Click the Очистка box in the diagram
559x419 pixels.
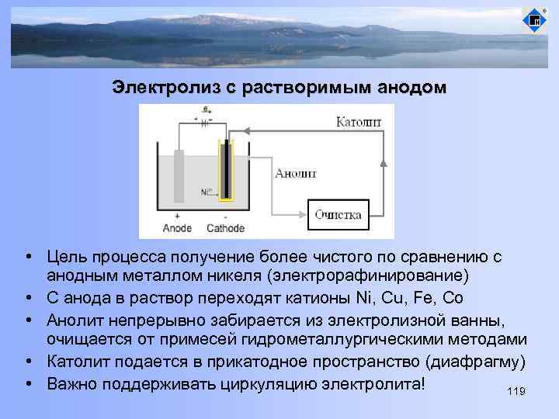pyautogui.click(x=338, y=216)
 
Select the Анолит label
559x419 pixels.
pyautogui.click(x=296, y=174)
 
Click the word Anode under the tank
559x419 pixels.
pyautogui.click(x=177, y=228)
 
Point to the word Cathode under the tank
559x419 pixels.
pyautogui.click(x=226, y=228)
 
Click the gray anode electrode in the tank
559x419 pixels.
pyautogui.click(x=179, y=175)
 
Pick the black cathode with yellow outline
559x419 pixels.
pyautogui.click(x=226, y=170)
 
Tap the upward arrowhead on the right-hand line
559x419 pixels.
pyautogui.click(x=384, y=162)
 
